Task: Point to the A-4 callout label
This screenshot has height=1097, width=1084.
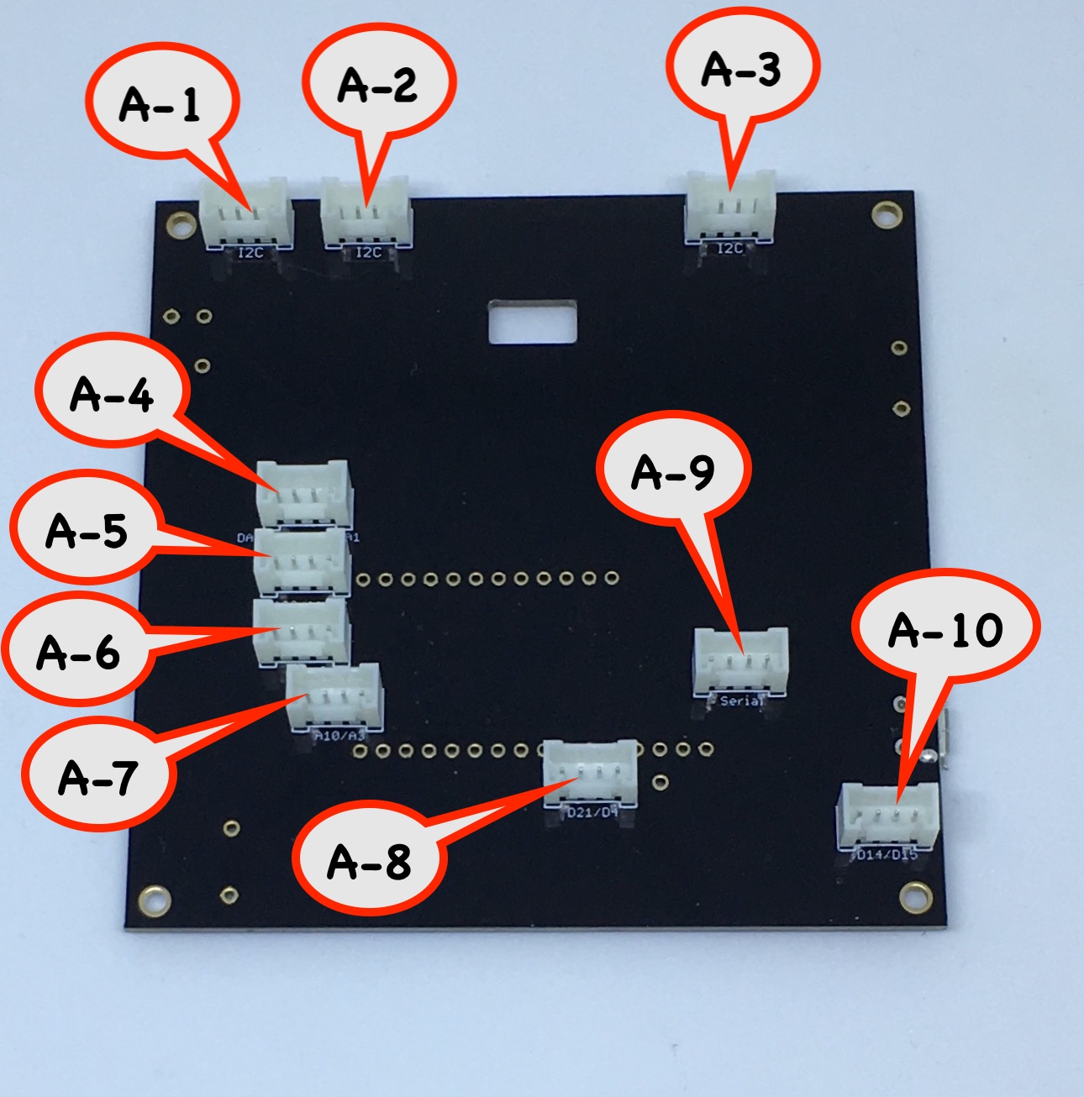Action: click(112, 393)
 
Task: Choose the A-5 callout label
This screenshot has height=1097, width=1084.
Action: click(87, 530)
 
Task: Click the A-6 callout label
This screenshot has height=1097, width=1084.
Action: click(79, 651)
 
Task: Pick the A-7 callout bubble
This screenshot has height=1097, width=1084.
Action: click(98, 776)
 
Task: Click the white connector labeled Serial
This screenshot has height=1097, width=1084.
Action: click(740, 663)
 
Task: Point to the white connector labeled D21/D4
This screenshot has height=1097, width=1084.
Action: click(591, 773)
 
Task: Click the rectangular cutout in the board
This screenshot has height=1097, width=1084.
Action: click(533, 322)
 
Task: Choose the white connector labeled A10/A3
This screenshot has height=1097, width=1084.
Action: click(334, 696)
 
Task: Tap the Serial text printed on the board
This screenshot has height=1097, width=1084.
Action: click(740, 701)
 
